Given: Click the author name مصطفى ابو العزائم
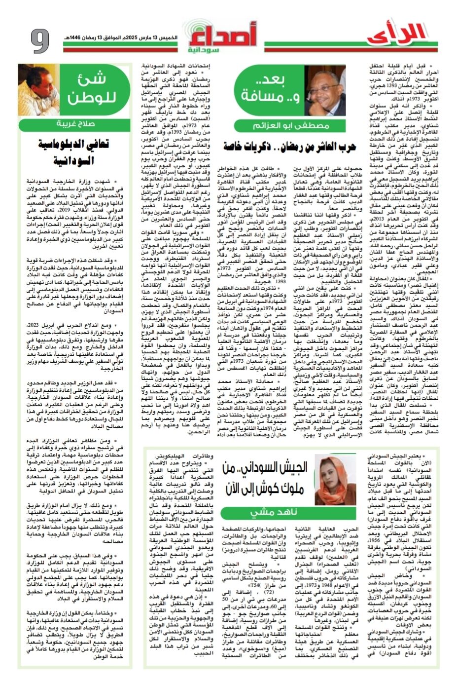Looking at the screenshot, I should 291,126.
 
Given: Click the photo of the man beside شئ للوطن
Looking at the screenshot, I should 38,89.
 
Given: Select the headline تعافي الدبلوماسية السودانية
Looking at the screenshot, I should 73,152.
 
